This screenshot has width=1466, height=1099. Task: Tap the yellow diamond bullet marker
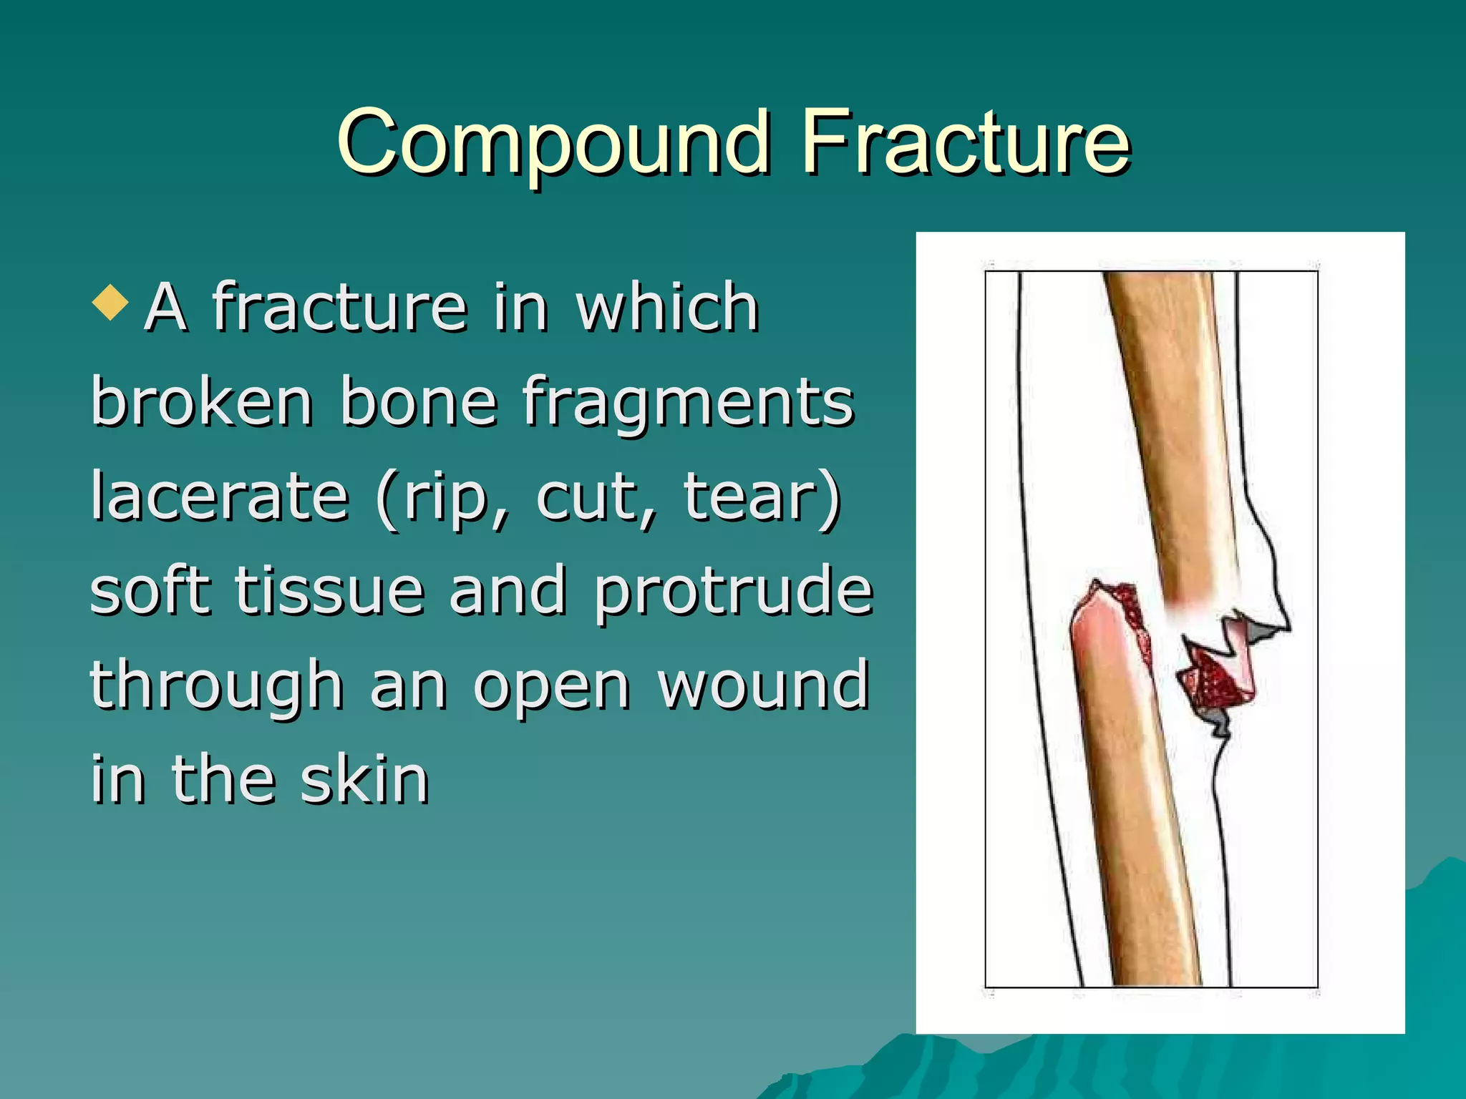click(x=110, y=302)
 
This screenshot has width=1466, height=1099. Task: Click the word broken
click(x=201, y=402)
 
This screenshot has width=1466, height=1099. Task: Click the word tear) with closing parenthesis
click(x=762, y=498)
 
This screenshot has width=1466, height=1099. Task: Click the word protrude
click(x=734, y=592)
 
